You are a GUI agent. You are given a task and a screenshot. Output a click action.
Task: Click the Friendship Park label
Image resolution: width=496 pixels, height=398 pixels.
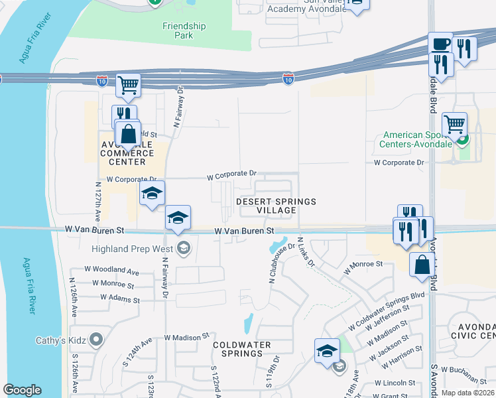tap(184, 31)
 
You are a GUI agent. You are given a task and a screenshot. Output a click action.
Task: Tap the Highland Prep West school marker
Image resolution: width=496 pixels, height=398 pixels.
tap(184, 249)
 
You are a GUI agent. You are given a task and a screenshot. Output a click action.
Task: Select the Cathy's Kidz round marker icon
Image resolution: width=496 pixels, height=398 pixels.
tap(97, 340)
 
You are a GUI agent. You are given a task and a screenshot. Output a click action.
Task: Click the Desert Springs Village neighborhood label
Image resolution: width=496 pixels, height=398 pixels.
tap(277, 206)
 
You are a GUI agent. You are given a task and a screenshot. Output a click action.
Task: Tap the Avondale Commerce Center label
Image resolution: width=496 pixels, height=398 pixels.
tap(123, 153)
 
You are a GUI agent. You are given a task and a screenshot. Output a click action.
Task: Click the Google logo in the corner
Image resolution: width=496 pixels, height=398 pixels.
tap(22, 390)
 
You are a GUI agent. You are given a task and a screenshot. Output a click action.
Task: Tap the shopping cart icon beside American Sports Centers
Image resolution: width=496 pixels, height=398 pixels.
tap(454, 123)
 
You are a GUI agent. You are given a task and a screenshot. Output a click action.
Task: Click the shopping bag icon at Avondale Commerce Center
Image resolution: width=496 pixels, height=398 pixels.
tap(129, 133)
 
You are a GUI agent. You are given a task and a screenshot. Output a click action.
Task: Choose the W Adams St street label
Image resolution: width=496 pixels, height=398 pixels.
tap(120, 299)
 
